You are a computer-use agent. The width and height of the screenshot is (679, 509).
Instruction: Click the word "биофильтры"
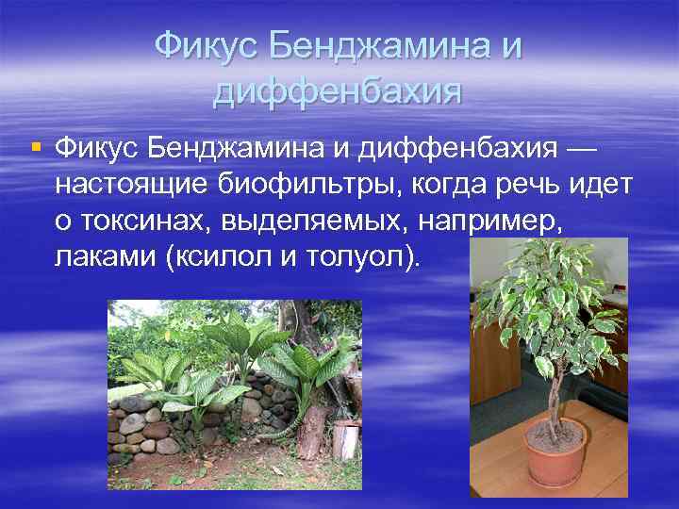307,184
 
